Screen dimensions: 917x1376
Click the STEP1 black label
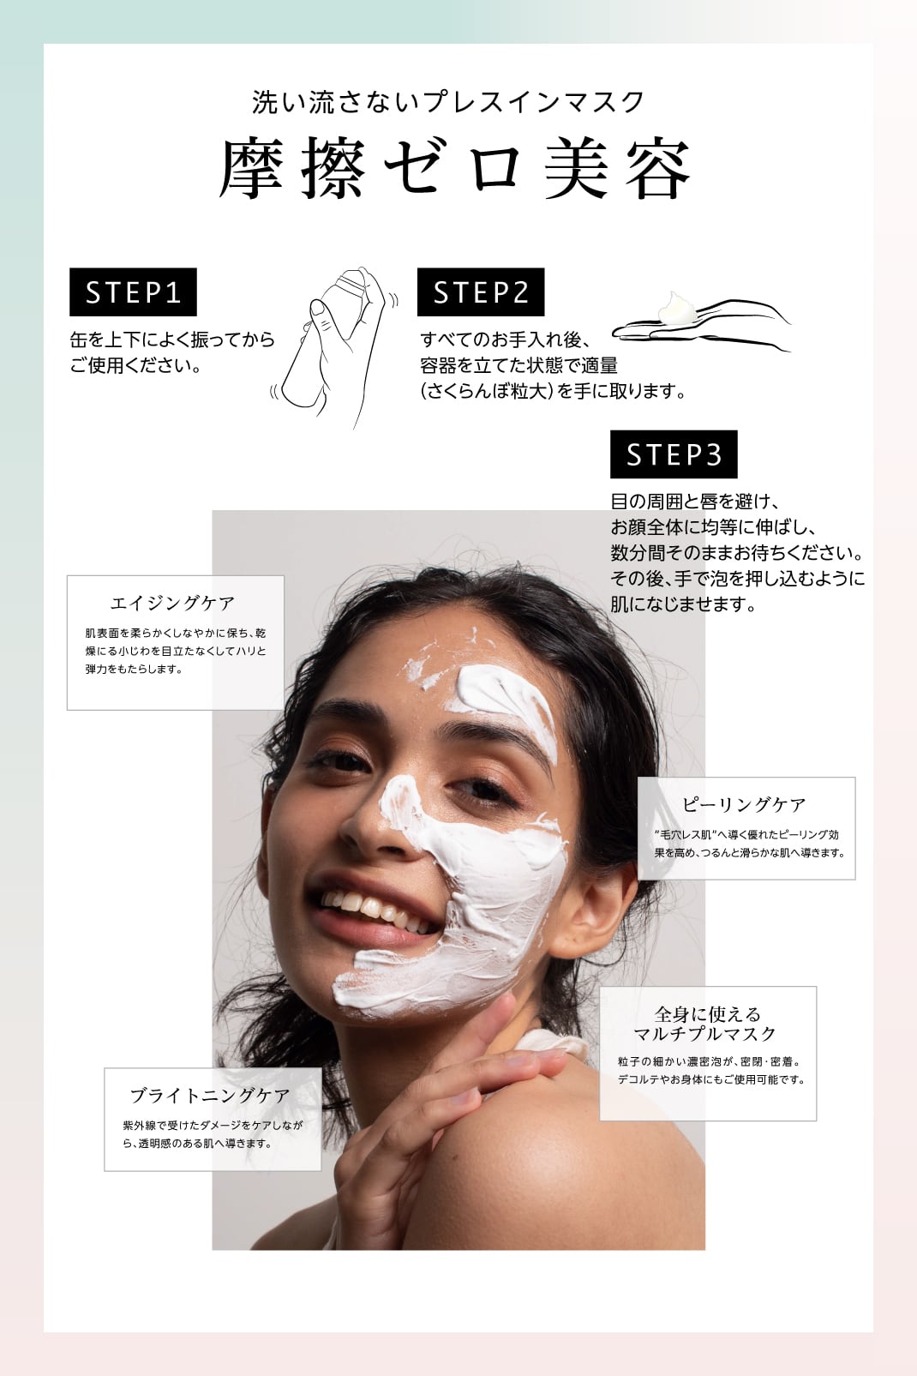coord(134,291)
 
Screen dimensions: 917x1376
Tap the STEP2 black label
coord(481,291)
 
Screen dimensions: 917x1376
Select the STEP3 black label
coord(674,454)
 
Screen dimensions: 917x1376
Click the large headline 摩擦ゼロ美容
coord(455,169)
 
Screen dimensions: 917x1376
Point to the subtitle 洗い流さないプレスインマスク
coord(448,102)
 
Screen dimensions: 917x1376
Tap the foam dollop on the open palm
coord(677,308)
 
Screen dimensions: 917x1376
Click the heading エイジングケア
coord(172,604)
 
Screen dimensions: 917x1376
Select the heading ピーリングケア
coord(745,804)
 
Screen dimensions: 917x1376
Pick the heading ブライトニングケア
coord(210,1096)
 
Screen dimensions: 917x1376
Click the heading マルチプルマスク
coord(705,1034)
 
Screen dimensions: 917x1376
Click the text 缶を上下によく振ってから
coord(172,339)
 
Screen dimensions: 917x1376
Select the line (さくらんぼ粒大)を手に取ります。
coord(553,391)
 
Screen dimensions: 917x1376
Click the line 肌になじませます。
coord(683,604)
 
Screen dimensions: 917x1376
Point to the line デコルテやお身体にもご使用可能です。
coord(711,1079)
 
